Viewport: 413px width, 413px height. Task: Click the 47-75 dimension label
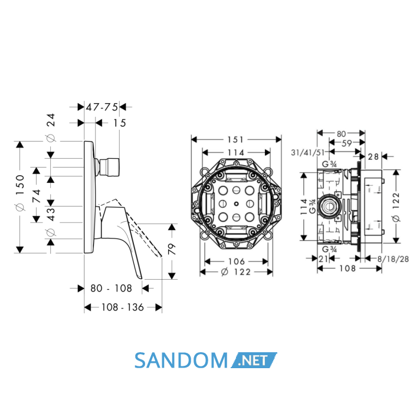point(101,107)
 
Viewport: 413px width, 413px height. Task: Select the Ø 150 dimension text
point(20,193)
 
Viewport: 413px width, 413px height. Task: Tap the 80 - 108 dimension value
point(111,289)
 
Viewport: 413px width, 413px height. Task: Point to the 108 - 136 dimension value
point(123,307)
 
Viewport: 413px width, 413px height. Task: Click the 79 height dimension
point(172,249)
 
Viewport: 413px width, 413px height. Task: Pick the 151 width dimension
point(236,139)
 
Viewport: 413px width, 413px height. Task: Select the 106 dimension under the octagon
point(237,261)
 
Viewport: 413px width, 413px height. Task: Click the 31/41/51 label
point(308,152)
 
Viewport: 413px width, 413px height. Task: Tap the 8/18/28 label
point(393,259)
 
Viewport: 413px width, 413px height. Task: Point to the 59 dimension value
point(347,143)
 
